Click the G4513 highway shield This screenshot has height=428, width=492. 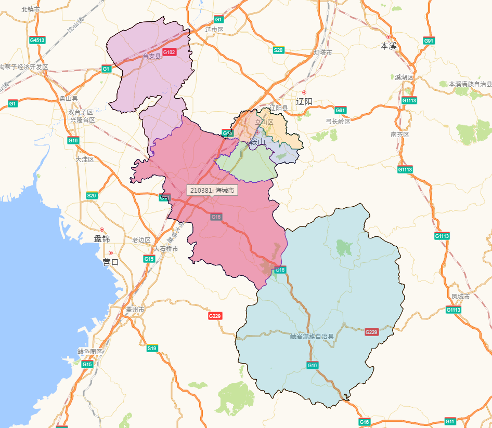tap(37, 40)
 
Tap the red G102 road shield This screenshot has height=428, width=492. tap(170, 52)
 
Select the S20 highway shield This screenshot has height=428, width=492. tap(279, 50)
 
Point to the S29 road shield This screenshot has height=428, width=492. tap(92, 196)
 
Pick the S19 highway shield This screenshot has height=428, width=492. tap(152, 349)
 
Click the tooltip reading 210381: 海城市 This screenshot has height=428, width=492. tap(212, 190)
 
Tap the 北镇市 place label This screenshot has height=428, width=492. tap(31, 9)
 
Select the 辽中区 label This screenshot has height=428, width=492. tap(214, 30)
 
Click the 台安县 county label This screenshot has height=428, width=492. tap(152, 56)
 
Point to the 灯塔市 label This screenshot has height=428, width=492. tap(323, 52)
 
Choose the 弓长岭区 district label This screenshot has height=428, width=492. tap(338, 122)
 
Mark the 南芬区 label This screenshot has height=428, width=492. tap(400, 135)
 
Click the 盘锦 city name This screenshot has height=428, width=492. tap(102, 239)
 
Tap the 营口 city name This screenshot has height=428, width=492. tap(111, 262)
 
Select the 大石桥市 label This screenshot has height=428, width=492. tap(166, 249)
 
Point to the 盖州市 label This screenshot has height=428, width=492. tap(135, 310)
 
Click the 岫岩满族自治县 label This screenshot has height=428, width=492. tap(312, 337)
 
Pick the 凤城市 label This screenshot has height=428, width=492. tap(460, 297)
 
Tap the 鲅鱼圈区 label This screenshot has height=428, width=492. tap(90, 352)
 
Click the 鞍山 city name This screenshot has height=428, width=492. tap(257, 142)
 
